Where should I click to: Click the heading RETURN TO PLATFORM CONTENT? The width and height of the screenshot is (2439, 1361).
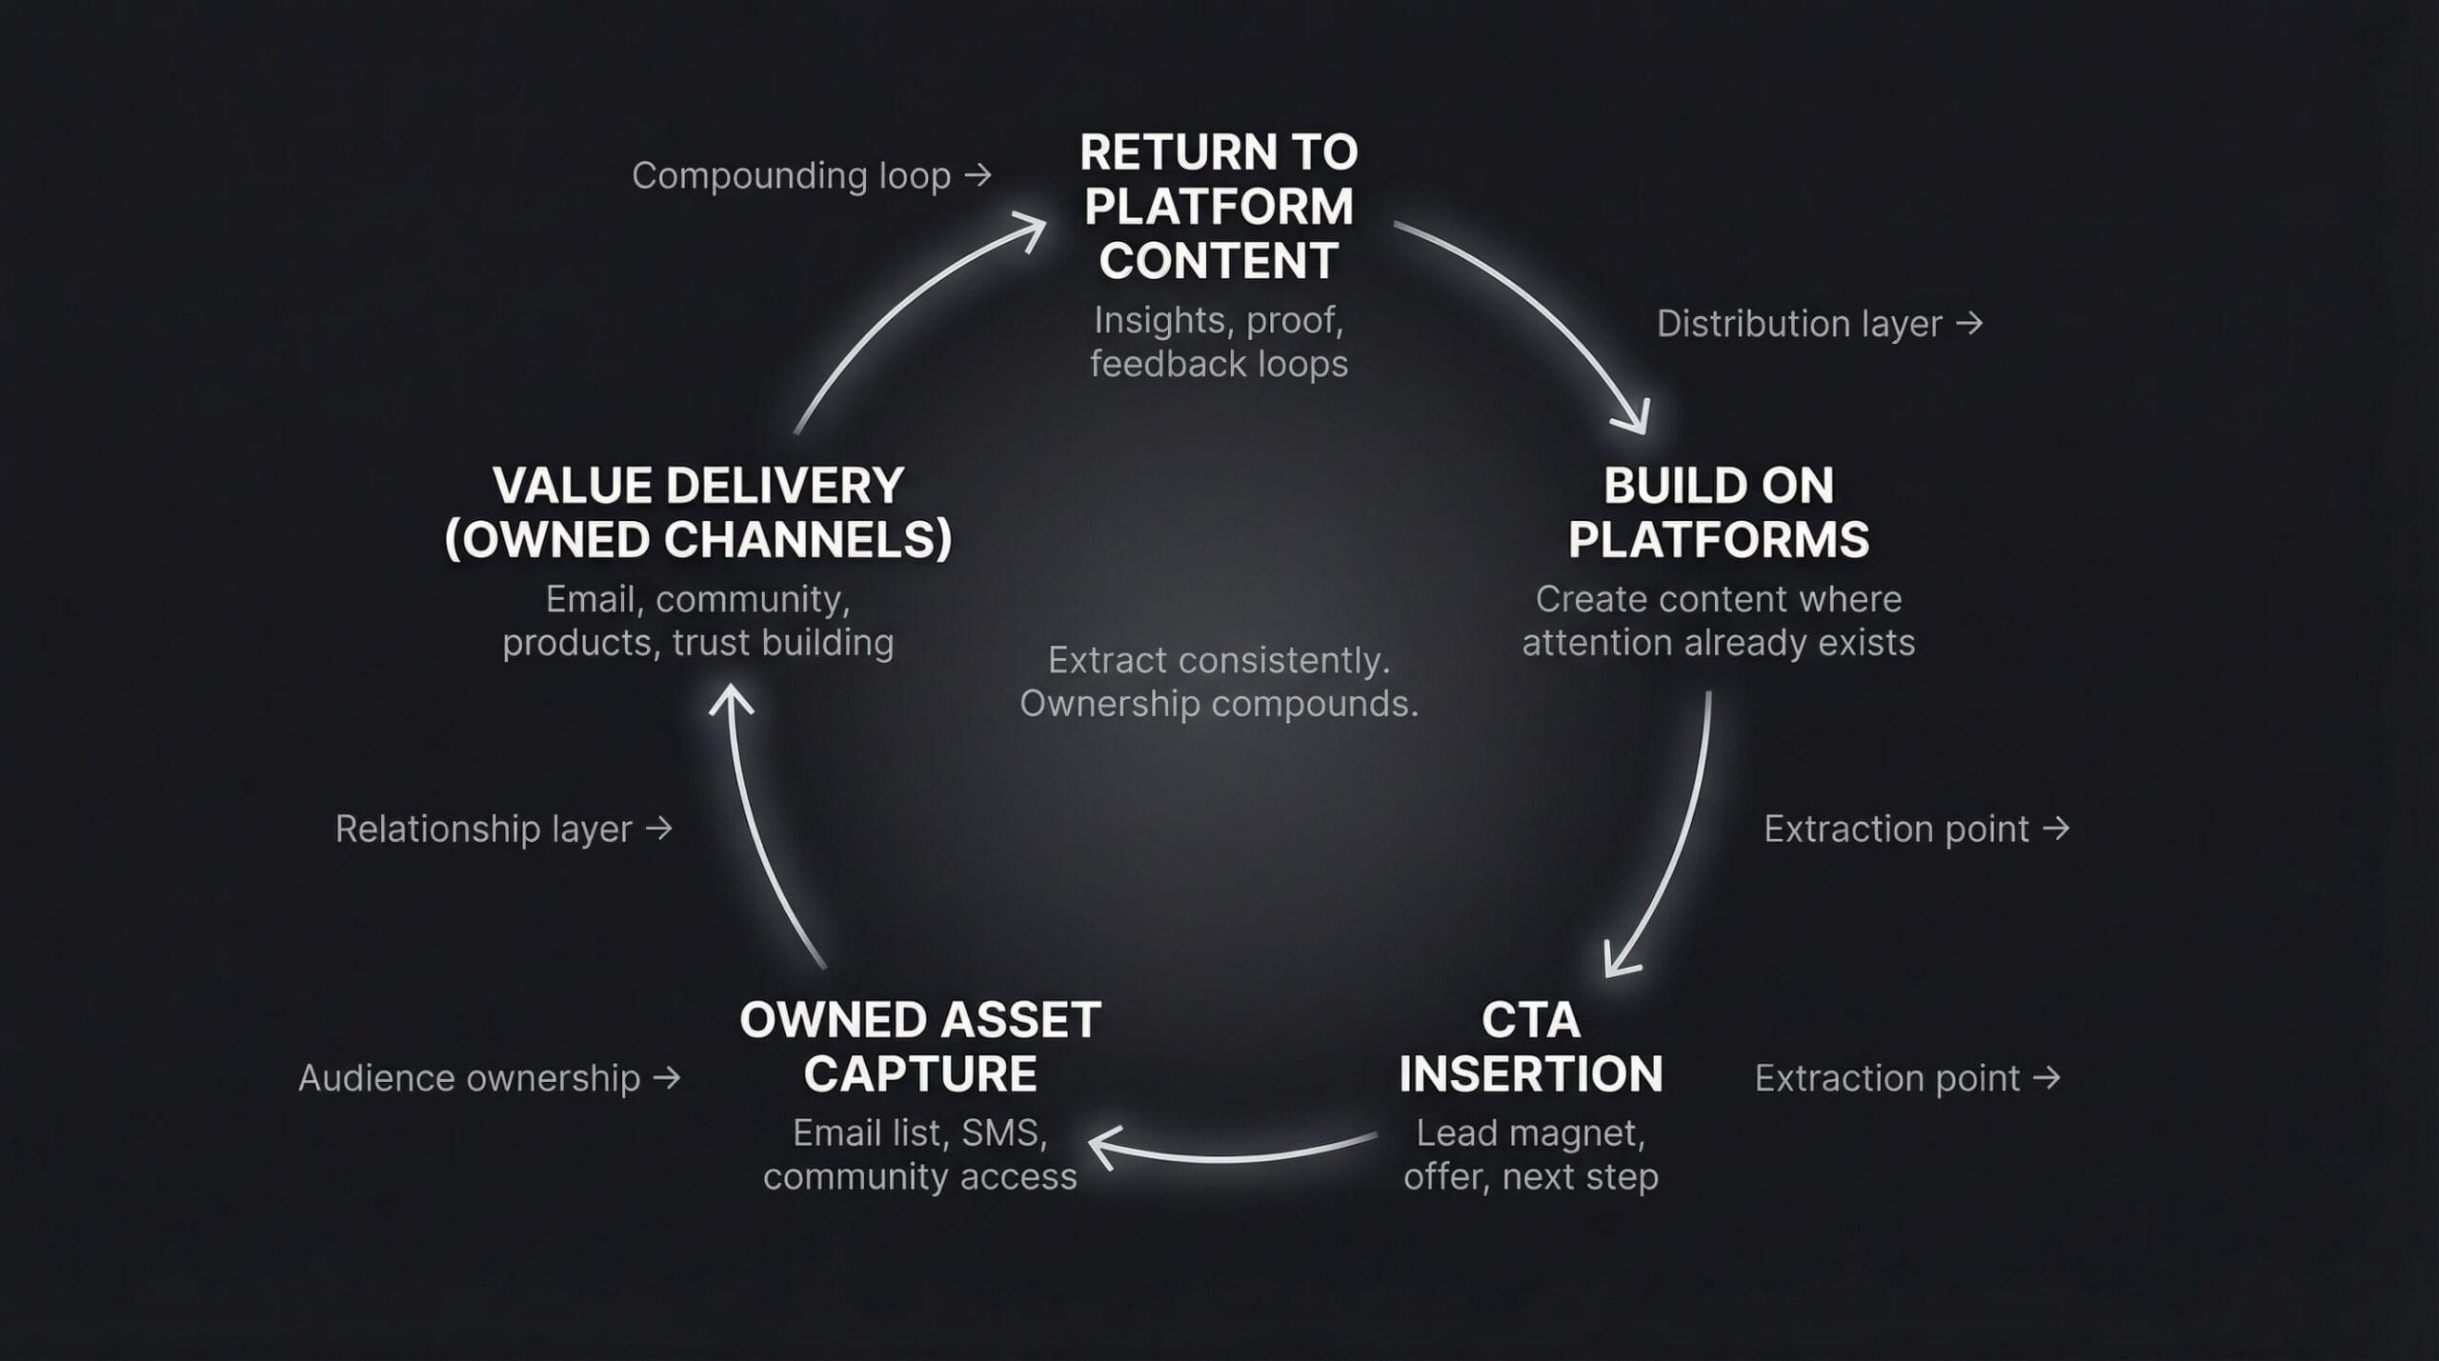[1219, 206]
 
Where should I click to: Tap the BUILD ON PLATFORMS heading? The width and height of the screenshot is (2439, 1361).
[1718, 512]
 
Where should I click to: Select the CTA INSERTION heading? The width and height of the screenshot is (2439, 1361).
[1530, 1047]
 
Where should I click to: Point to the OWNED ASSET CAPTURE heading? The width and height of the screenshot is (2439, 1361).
[919, 1047]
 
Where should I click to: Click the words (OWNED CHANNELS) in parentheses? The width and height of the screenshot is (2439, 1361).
[698, 540]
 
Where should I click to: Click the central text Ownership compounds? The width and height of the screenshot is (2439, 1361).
[1219, 704]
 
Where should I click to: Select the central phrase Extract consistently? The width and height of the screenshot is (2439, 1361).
[1219, 660]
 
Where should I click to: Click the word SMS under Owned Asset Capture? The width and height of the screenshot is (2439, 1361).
[1003, 1133]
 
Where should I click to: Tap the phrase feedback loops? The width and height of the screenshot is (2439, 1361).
[1219, 364]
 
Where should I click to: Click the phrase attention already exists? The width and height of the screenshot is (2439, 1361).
[1718, 643]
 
